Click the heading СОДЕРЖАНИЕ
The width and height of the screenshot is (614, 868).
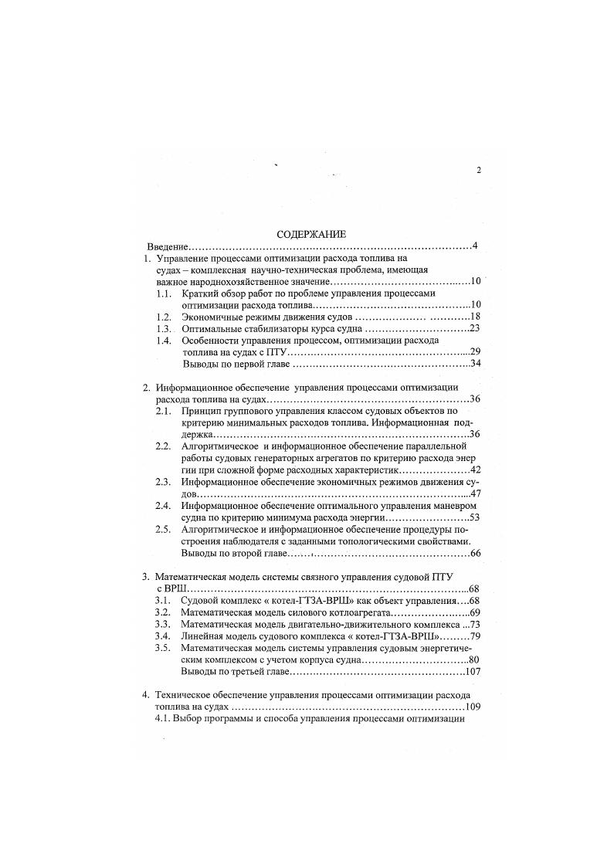(311, 233)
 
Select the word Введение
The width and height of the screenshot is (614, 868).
(168, 246)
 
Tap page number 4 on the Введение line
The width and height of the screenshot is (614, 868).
(476, 246)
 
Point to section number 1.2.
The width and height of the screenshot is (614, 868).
(163, 317)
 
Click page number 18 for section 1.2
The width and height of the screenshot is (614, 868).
(475, 317)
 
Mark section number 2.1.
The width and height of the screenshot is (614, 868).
(163, 412)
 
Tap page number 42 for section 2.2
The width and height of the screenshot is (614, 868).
(475, 470)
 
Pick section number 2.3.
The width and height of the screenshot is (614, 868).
(163, 482)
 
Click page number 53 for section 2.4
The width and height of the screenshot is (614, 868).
(475, 517)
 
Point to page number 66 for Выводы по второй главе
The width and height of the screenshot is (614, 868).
(475, 553)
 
